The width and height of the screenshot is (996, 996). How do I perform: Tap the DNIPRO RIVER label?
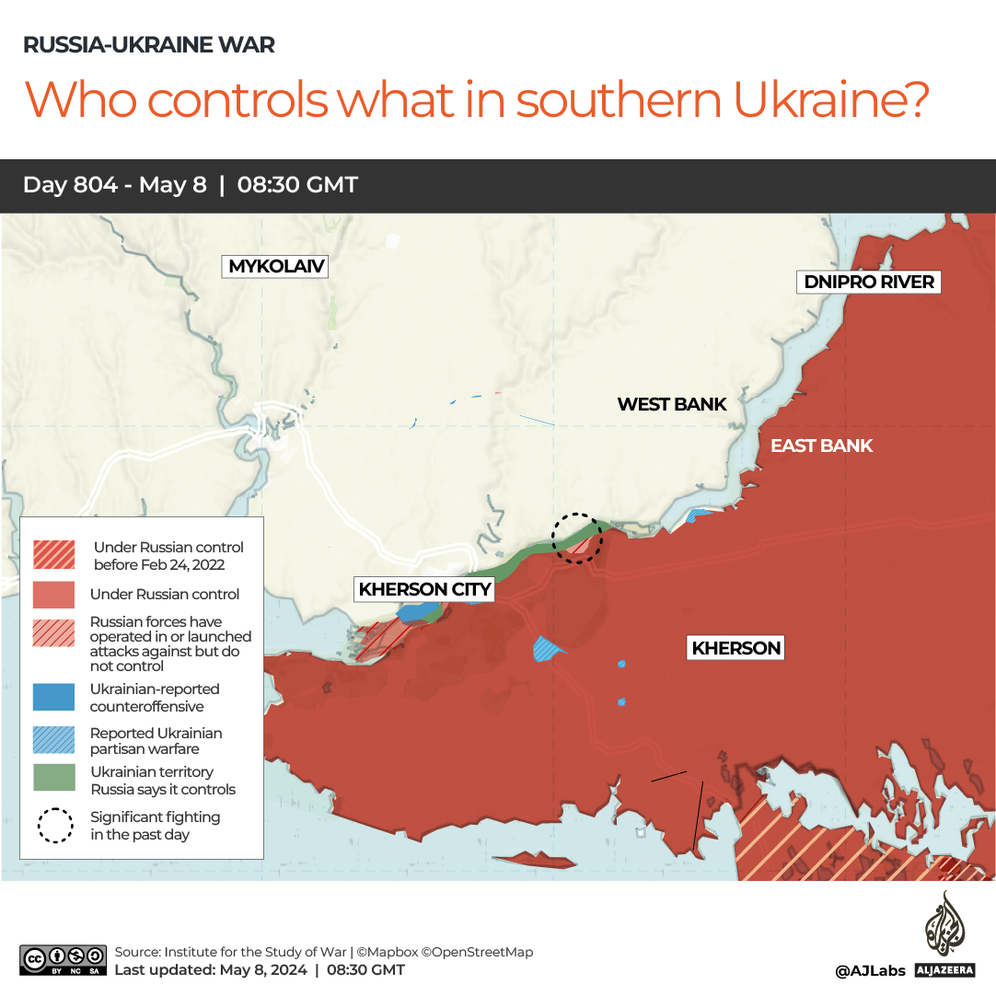click(x=869, y=282)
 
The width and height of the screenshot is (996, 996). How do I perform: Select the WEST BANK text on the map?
click(x=672, y=404)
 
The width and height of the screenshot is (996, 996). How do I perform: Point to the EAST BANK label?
click(x=821, y=446)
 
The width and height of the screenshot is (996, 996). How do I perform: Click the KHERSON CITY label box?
click(x=424, y=589)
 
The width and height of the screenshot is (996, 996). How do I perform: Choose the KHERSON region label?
click(x=736, y=648)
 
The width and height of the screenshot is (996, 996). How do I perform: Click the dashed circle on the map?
click(x=577, y=538)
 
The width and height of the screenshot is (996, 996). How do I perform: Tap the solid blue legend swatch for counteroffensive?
click(x=54, y=697)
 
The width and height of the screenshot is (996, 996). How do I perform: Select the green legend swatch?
click(x=54, y=779)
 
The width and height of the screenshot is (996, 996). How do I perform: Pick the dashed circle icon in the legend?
click(x=55, y=825)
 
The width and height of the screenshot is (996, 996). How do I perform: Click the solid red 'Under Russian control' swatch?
click(x=54, y=595)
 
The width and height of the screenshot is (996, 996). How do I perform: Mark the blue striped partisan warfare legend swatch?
click(x=54, y=740)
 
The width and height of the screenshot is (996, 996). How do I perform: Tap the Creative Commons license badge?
click(x=62, y=959)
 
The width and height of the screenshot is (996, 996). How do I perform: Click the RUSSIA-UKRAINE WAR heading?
click(x=148, y=44)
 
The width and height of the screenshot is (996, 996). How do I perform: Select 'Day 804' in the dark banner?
click(x=70, y=185)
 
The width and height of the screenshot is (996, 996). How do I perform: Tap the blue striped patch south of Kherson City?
click(x=550, y=649)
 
